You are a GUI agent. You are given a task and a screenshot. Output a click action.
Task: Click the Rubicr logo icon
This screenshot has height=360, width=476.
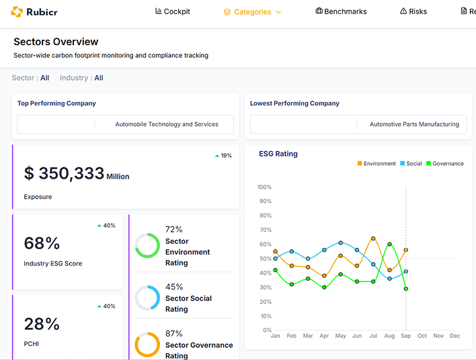coord(17,11)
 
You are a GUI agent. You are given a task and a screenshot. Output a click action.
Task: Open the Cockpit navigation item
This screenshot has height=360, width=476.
coord(173,11)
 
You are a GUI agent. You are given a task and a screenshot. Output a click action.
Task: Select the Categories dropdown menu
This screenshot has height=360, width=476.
coord(252,12)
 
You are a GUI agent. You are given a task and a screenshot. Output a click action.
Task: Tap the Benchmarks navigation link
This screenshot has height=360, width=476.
coord(342,11)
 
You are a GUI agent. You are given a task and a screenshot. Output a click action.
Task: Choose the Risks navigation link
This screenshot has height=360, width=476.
coord(413,11)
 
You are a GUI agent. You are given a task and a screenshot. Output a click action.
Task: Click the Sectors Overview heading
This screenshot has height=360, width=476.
coord(56,42)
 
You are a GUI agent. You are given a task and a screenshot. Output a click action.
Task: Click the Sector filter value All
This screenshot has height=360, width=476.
coord(45,78)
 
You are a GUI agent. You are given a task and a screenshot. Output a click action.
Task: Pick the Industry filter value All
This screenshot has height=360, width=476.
coord(99,78)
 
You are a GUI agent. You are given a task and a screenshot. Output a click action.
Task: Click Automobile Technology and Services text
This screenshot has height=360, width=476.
coord(167,124)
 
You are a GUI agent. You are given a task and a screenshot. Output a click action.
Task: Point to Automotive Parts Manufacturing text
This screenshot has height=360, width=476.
coord(414,124)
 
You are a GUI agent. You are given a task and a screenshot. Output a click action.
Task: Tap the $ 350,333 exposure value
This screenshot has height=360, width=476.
coord(65,174)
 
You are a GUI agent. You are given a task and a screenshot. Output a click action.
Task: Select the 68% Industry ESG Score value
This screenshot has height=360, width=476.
coord(42,243)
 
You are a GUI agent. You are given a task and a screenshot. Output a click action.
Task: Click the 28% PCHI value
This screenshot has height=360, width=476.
coord(42,324)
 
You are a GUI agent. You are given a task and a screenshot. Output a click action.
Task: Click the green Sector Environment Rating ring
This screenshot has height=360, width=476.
coord(147,245)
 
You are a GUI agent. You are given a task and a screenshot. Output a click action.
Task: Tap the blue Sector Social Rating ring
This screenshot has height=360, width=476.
coord(147,298)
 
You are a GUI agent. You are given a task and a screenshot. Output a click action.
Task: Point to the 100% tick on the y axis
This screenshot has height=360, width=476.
coord(264,187)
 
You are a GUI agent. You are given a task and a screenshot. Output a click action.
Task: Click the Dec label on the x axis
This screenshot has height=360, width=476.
coord(455,336)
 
